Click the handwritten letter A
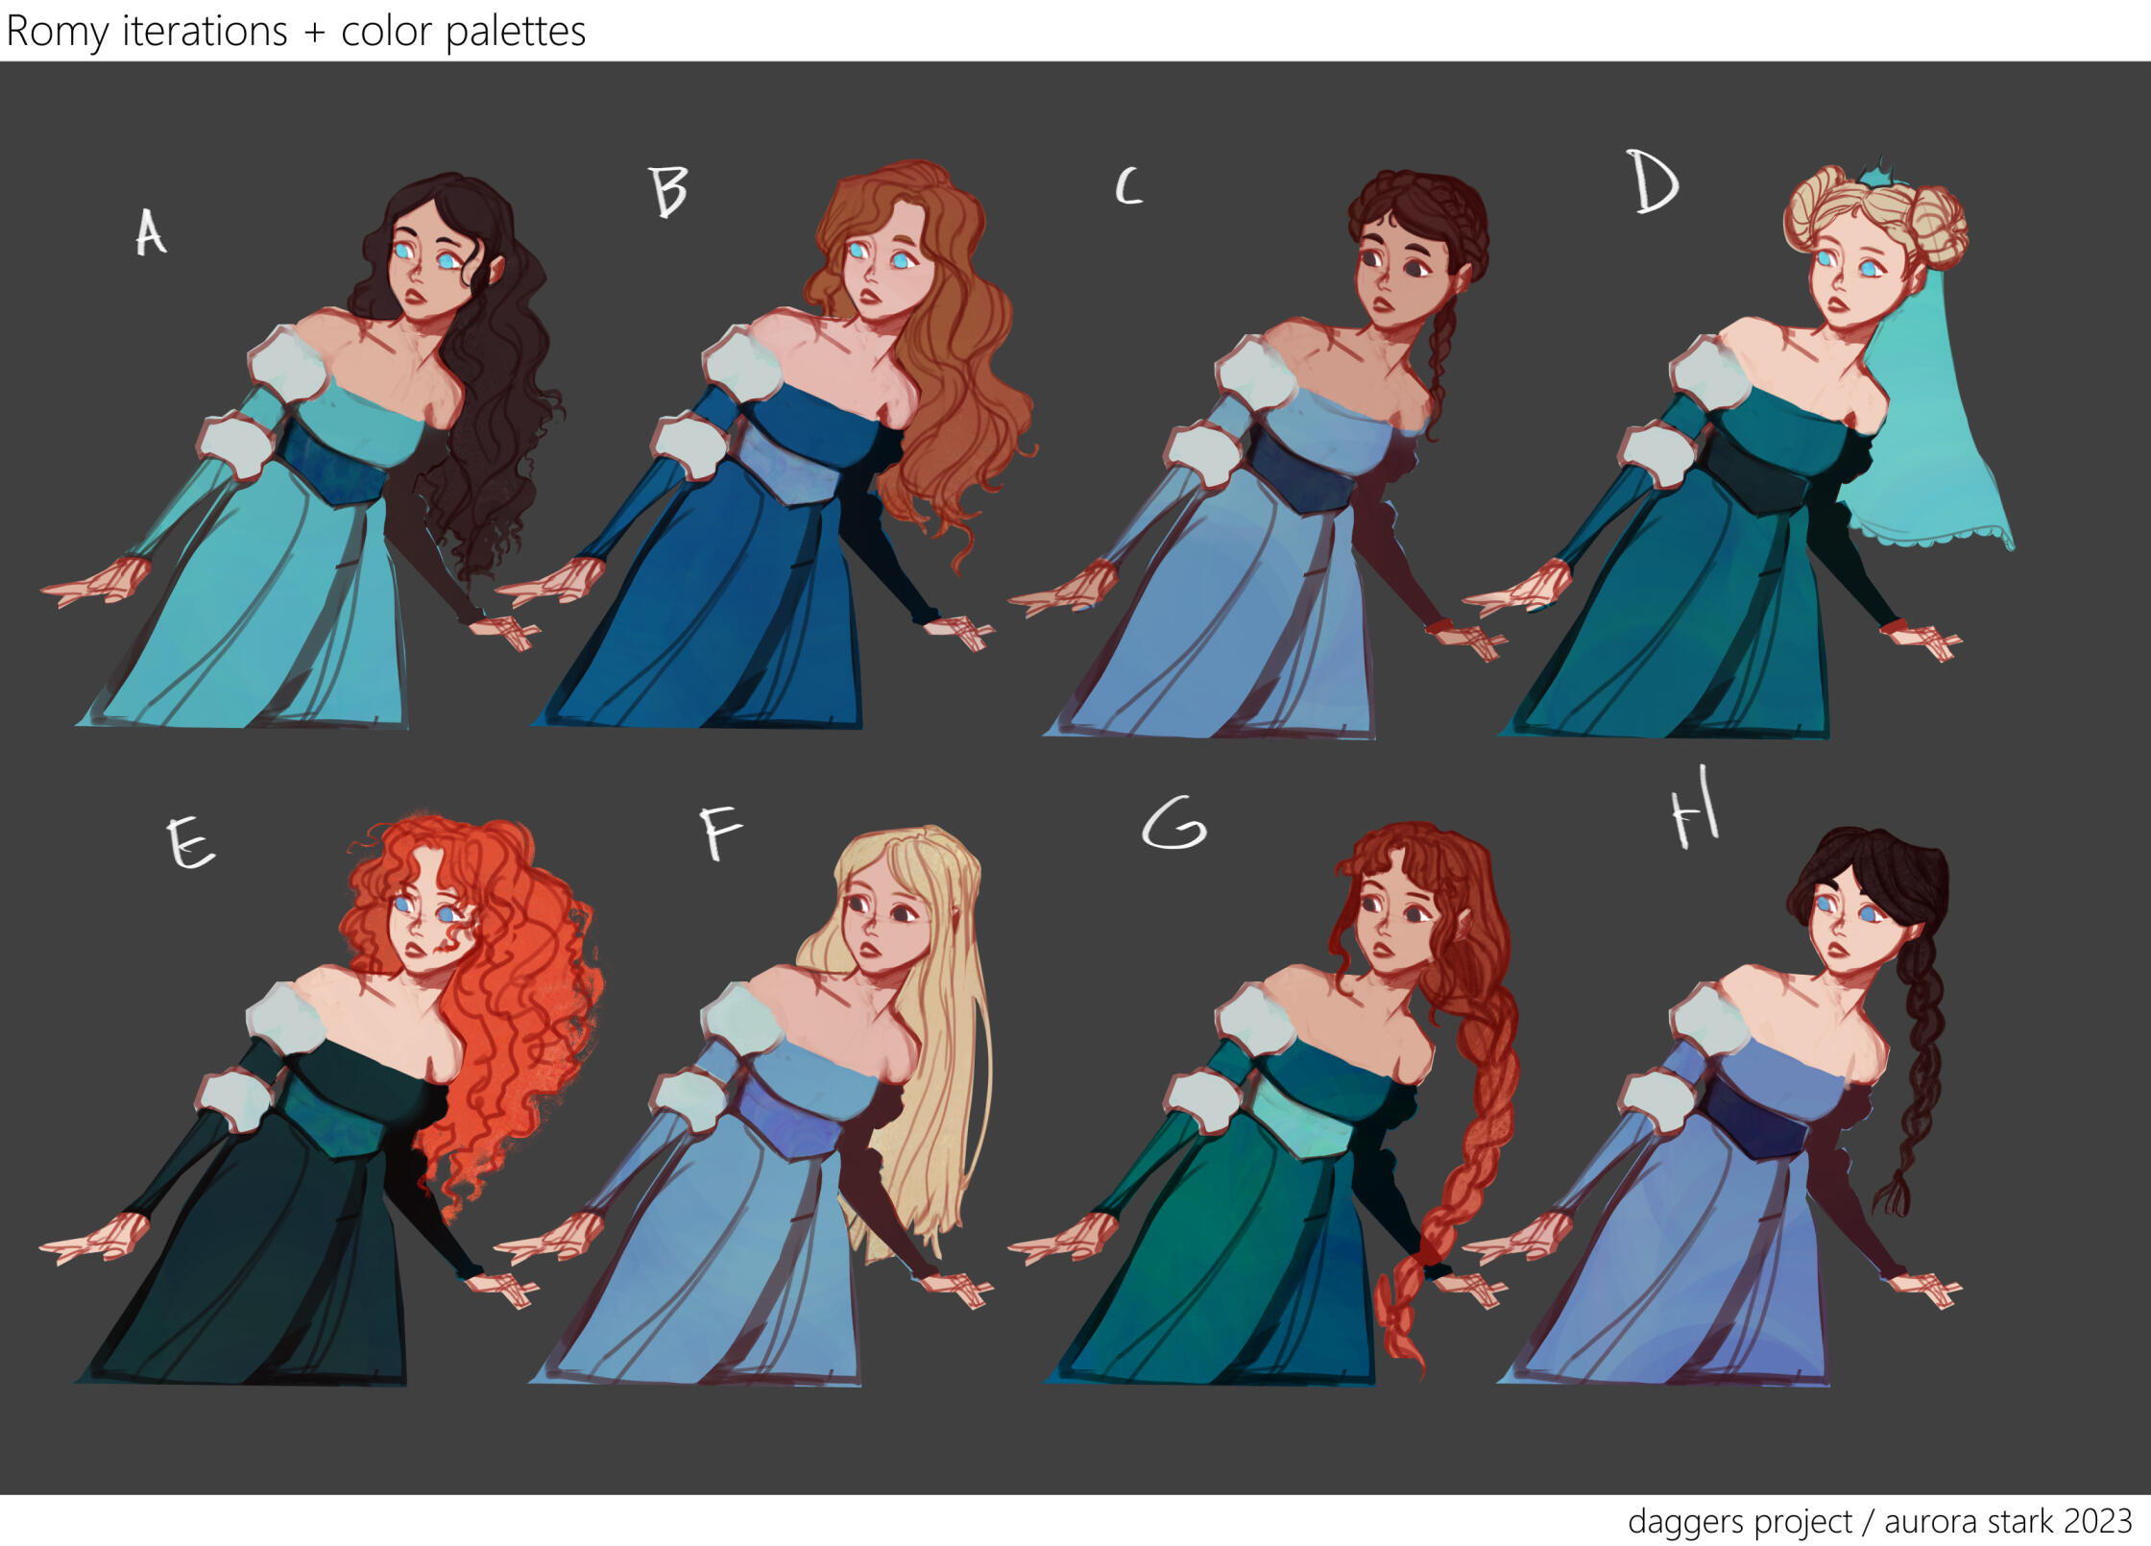(150, 232)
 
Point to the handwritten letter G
(1173, 823)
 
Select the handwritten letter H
(1695, 809)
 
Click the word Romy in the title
(58, 32)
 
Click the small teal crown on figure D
(1872, 177)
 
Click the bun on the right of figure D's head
(1937, 227)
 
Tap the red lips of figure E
(415, 950)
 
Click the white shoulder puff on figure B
(743, 363)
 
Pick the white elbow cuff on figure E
(235, 1100)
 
